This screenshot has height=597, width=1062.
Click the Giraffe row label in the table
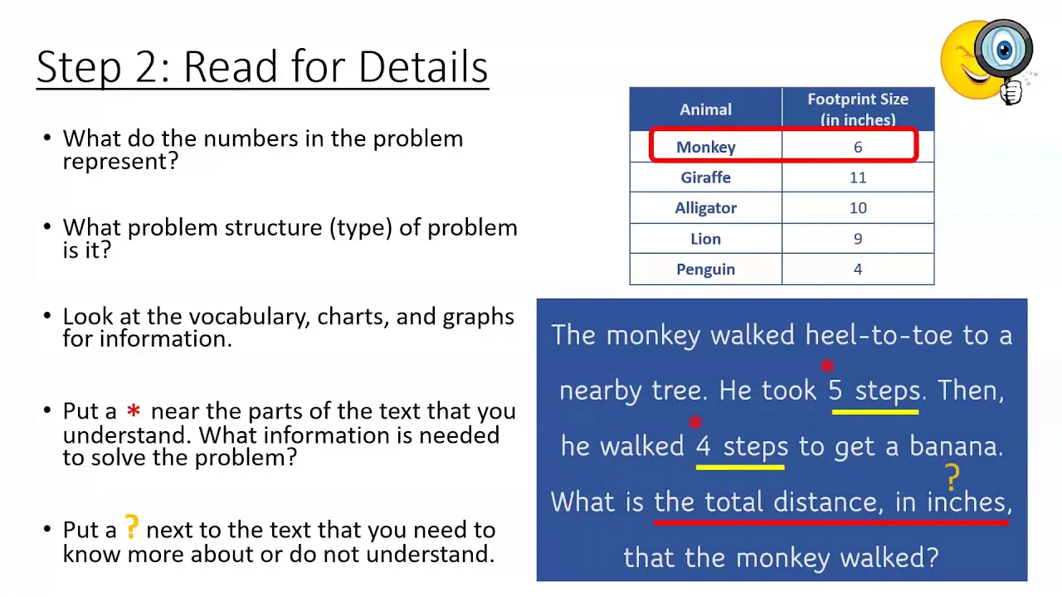tap(705, 177)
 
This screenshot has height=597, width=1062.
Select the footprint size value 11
tap(858, 177)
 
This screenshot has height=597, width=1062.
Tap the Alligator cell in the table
tap(705, 208)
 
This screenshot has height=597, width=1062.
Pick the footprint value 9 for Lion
tap(858, 238)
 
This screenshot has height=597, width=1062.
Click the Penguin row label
tap(705, 269)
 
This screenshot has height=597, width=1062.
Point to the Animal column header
tap(705, 109)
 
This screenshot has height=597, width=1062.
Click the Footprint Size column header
tap(858, 109)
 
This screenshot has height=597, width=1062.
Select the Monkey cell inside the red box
tap(705, 148)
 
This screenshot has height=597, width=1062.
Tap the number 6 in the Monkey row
tap(858, 147)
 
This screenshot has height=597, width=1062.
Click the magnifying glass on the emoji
tap(1004, 51)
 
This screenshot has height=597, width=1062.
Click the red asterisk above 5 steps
tap(827, 366)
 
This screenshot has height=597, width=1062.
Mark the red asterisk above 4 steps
tap(695, 422)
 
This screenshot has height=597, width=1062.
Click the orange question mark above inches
tap(952, 477)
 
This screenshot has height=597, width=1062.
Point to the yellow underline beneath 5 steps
tap(875, 412)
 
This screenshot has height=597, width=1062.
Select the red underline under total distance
tap(831, 522)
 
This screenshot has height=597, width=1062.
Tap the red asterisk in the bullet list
tap(134, 410)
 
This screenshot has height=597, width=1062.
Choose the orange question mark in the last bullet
tap(131, 527)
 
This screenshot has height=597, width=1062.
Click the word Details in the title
tap(423, 66)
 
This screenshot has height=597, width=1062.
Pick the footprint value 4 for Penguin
tap(858, 269)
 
